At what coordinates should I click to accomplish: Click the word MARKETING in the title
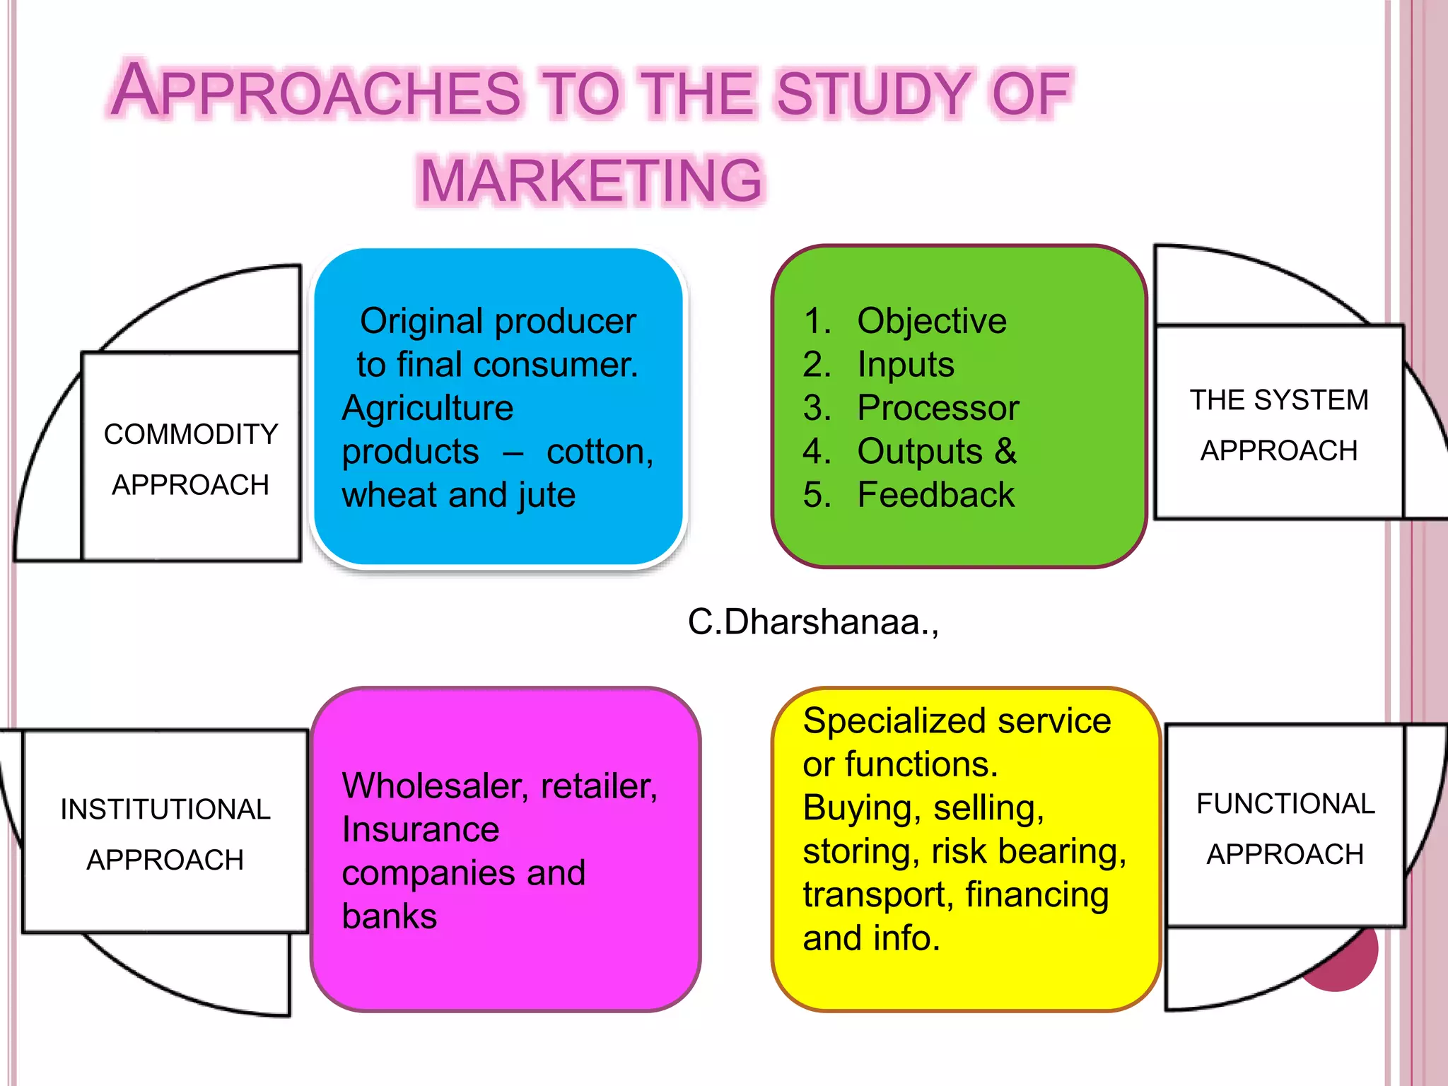click(x=591, y=181)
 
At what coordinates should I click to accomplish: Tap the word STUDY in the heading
click(x=874, y=93)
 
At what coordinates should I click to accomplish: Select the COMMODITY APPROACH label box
click(x=191, y=458)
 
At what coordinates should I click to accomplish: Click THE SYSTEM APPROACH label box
click(x=1278, y=424)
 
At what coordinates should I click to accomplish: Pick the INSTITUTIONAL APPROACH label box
click(x=165, y=833)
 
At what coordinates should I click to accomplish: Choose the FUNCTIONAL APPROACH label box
click(x=1285, y=827)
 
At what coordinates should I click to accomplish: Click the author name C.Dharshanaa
click(x=813, y=622)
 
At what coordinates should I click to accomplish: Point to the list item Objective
click(x=931, y=321)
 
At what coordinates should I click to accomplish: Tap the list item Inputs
click(x=905, y=365)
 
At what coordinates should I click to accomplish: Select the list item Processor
click(x=938, y=408)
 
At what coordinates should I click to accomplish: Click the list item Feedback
click(x=935, y=495)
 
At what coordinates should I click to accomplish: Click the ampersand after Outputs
click(x=1005, y=451)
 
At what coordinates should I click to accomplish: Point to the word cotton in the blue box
click(x=599, y=452)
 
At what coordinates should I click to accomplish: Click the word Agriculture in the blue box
click(x=427, y=408)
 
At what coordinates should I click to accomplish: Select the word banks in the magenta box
click(x=389, y=916)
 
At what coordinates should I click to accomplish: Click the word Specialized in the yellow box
click(x=895, y=722)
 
